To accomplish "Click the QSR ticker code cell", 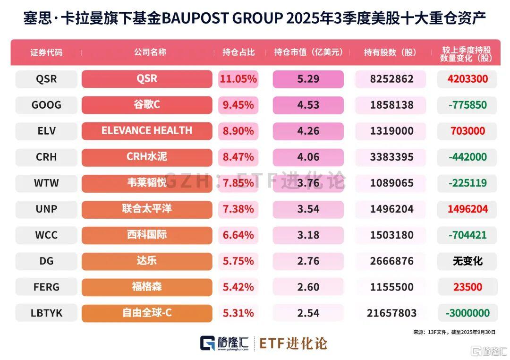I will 46,79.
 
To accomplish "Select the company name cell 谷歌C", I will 147,105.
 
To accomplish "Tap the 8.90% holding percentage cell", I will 238,131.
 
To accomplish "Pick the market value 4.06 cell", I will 308,157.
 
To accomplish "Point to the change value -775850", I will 467,105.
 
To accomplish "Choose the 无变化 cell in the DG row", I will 467,261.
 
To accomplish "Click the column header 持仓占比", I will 238,52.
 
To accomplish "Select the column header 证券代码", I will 46,52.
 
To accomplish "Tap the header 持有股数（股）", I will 391,52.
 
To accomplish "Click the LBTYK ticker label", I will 46,313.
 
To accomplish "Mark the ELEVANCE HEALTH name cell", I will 147,131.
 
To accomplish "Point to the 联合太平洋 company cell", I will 147,209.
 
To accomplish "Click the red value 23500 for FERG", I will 467,287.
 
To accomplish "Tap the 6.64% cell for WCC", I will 238,235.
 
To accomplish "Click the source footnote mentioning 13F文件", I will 454,332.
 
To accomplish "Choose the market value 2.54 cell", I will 308,313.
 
